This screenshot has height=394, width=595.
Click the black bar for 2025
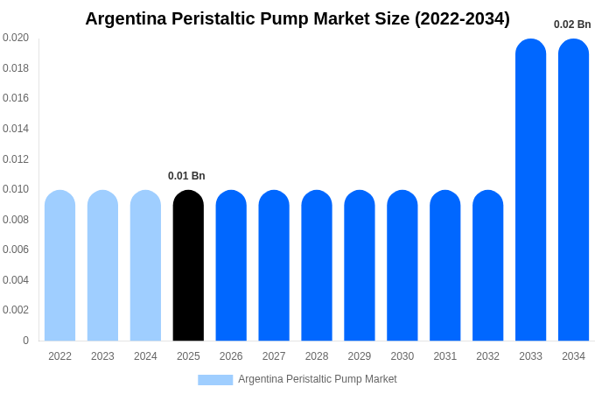(188, 265)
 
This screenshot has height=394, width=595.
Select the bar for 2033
(530, 190)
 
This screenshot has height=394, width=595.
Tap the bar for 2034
(573, 190)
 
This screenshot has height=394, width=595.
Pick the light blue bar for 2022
(59, 265)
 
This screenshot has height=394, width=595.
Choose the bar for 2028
(317, 265)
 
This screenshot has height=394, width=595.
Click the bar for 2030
(402, 265)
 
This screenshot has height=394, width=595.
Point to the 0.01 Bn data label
(186, 176)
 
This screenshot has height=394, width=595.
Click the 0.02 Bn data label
(572, 25)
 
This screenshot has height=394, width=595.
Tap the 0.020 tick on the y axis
(16, 38)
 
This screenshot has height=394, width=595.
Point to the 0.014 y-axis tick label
(16, 129)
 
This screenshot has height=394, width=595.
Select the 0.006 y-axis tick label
(16, 250)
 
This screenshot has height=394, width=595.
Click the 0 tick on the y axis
(25, 341)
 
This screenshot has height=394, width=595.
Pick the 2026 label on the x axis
(231, 356)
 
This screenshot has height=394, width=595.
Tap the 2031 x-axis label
(444, 356)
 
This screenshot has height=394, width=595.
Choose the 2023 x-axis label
(102, 356)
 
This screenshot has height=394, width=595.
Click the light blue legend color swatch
(215, 380)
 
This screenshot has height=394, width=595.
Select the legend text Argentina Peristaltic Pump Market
(317, 379)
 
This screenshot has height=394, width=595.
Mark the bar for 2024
(145, 265)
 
